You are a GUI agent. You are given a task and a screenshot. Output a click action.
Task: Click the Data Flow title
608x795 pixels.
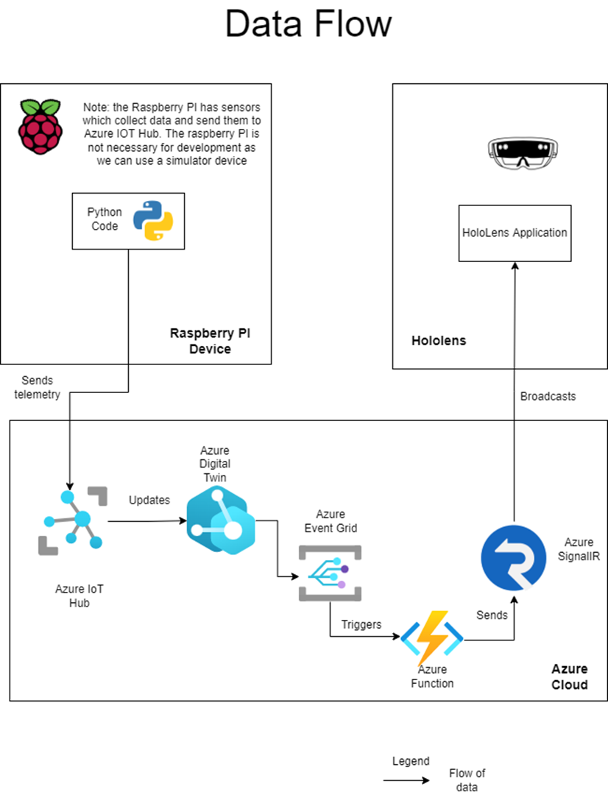(x=308, y=24)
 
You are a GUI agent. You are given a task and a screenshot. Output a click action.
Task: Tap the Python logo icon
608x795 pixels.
(x=152, y=220)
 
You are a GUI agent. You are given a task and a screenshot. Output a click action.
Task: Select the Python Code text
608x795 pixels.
(x=104, y=219)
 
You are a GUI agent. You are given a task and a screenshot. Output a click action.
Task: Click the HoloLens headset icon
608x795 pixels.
(x=518, y=151)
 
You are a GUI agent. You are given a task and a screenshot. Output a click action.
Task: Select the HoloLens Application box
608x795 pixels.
(x=515, y=233)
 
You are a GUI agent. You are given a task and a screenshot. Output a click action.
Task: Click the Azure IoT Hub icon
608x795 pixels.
(x=71, y=520)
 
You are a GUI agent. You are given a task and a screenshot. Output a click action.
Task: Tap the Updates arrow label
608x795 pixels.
(x=149, y=500)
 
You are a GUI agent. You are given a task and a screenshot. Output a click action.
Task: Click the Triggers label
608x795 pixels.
(x=361, y=624)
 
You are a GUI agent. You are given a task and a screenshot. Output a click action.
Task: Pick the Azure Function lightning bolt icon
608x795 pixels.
(x=431, y=637)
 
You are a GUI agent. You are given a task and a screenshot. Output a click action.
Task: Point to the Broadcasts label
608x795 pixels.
(x=548, y=396)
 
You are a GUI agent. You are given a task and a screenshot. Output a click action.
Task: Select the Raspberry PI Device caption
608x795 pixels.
(x=210, y=341)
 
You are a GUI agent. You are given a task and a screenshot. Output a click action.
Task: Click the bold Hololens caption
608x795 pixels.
(x=439, y=341)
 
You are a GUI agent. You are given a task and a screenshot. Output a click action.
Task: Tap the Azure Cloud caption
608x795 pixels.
(x=569, y=676)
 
